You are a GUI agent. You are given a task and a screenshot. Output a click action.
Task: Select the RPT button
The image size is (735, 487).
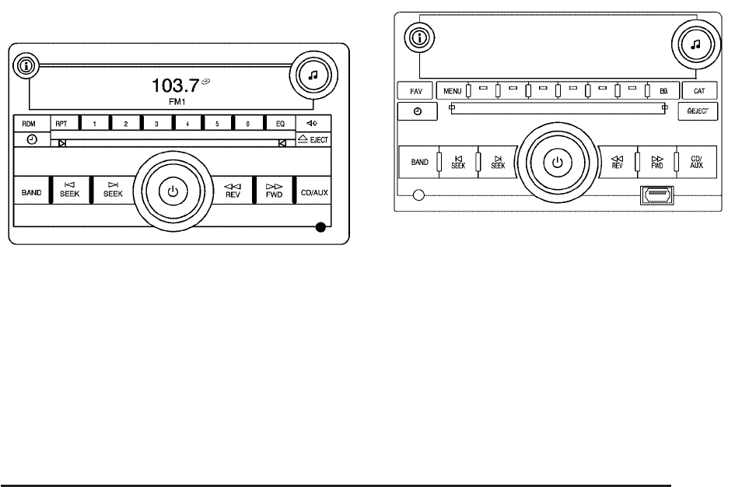[61, 124]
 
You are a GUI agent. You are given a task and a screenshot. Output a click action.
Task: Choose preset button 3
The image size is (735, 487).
[156, 124]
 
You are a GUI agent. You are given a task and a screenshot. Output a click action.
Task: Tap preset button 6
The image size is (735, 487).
[247, 124]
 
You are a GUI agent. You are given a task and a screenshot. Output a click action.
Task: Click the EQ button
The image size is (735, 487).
[278, 124]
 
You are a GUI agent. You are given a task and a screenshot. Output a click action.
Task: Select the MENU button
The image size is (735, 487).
[452, 91]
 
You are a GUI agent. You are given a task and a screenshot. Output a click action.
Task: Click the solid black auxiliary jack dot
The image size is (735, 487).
[320, 228]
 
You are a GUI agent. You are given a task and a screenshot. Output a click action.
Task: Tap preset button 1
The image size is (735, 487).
[95, 124]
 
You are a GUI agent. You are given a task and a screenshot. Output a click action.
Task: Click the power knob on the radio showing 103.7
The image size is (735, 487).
[173, 190]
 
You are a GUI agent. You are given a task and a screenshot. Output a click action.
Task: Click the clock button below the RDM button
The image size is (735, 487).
[30, 139]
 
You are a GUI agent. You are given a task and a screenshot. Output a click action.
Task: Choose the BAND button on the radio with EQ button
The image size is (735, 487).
[31, 191]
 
